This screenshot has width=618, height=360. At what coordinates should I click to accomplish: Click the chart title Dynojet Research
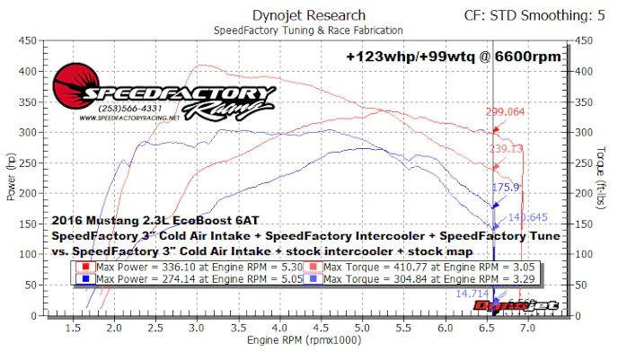coord(308,14)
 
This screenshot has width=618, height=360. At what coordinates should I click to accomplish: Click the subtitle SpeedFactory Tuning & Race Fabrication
coord(308,30)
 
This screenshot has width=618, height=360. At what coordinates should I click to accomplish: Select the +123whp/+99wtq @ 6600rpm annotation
coord(454,56)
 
